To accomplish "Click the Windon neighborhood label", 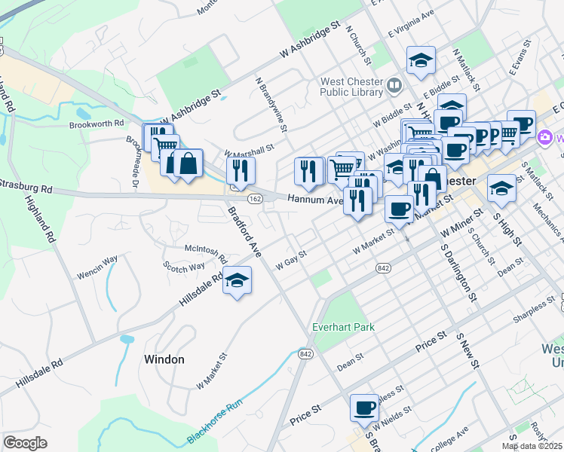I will click(164, 359).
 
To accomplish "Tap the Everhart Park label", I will click(344, 327).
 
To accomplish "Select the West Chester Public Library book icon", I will click(392, 86).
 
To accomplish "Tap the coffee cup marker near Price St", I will click(364, 408).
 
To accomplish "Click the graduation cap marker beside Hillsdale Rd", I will click(238, 281).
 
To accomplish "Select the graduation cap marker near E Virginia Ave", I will click(421, 61).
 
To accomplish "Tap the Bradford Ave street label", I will click(244, 233).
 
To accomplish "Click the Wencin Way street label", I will click(97, 261).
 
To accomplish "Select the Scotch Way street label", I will click(185, 267).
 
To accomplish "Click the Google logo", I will click(26, 443).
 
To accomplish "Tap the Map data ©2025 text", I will click(532, 446).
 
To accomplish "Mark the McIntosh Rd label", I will click(206, 249).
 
